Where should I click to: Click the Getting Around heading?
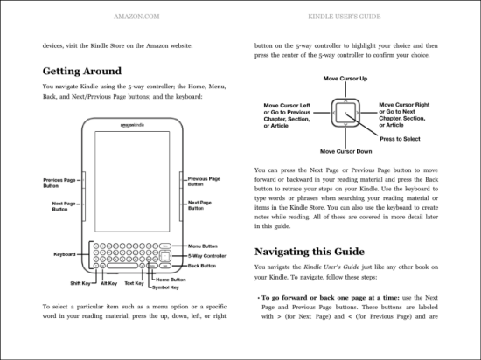click(82, 71)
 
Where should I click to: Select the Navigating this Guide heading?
click(310, 252)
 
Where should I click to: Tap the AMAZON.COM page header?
click(136, 17)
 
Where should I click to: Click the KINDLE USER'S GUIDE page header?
click(345, 17)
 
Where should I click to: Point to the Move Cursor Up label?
click(345, 79)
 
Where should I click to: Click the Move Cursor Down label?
click(346, 151)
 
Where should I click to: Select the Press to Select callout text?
click(400, 139)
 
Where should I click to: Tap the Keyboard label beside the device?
click(65, 254)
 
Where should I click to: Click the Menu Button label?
click(203, 246)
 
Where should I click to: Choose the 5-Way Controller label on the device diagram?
click(206, 256)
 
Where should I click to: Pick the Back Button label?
click(202, 266)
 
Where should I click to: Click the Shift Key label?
click(80, 283)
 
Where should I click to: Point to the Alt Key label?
click(109, 283)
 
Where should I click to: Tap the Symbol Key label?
click(165, 287)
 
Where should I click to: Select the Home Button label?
click(171, 280)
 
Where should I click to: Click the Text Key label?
click(134, 283)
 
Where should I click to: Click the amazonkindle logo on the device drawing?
click(132, 125)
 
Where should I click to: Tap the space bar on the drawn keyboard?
click(122, 266)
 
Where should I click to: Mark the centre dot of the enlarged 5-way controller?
click(345, 113)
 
